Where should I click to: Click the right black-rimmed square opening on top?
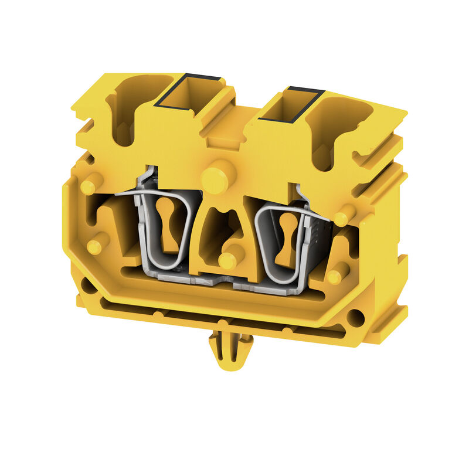291,107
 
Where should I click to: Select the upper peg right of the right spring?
344,215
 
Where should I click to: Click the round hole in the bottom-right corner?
355,318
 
